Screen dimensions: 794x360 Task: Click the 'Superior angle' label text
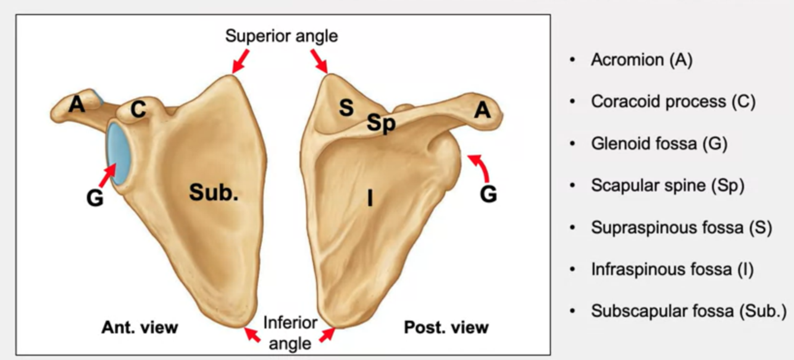[281, 36]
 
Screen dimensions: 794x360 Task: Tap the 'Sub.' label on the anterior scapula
[214, 192]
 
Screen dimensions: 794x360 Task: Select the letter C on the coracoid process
[138, 110]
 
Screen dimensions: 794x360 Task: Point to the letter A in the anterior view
[76, 105]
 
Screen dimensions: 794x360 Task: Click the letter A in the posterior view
[483, 109]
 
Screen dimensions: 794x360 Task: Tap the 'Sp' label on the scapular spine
[381, 124]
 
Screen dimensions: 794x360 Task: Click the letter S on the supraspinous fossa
[346, 108]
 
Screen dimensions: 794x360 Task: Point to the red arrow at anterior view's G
[108, 176]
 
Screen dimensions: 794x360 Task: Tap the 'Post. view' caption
[446, 327]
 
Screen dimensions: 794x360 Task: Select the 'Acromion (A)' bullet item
[642, 60]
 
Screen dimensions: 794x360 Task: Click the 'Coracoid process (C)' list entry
[673, 102]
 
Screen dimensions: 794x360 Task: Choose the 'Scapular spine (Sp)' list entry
[667, 186]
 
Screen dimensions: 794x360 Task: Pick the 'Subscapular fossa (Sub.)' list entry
[688, 311]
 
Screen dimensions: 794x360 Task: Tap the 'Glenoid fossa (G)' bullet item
[659, 143]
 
